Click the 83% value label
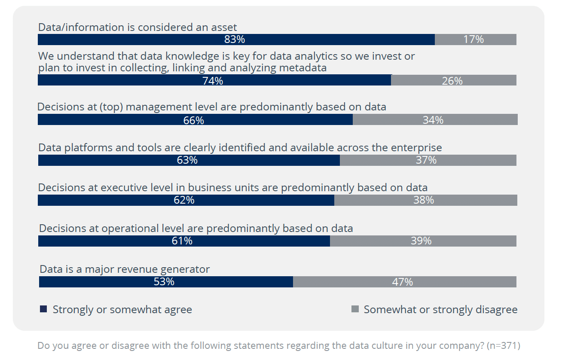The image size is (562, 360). [x=235, y=40]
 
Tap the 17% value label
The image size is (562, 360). [x=473, y=40]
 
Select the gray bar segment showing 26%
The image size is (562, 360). [x=454, y=80]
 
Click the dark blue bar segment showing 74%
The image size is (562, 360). [x=214, y=80]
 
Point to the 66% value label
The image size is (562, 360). [x=193, y=120]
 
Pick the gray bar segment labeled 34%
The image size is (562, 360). [x=435, y=119]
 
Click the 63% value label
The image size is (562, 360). [x=187, y=160]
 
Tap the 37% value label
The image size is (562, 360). [x=426, y=160]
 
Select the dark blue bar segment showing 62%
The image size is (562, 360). [x=186, y=200]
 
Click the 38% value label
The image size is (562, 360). [x=424, y=200]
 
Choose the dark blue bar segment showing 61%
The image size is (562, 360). [x=184, y=241]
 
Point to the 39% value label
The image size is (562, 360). [x=421, y=241]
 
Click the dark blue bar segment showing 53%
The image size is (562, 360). [x=166, y=282]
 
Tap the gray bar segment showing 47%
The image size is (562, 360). [x=405, y=282]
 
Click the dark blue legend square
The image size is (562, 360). [x=43, y=309]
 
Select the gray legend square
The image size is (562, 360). [x=355, y=309]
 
